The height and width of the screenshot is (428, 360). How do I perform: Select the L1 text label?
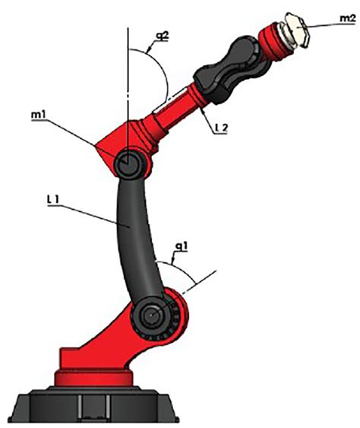click(x=52, y=199)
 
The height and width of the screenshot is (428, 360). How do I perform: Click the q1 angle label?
click(x=181, y=247)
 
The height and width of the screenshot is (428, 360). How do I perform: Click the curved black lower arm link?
click(x=134, y=236)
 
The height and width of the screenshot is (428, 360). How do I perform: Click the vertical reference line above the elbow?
click(x=128, y=84)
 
